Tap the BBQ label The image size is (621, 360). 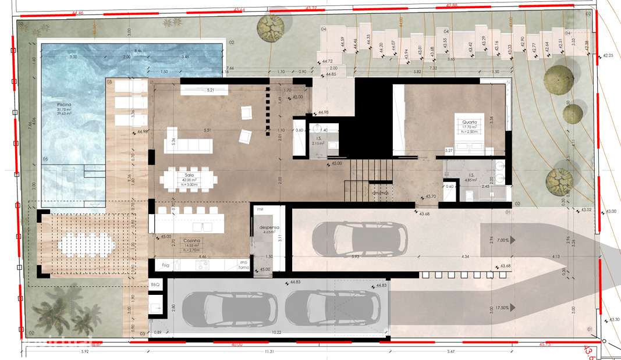(x=155, y=285)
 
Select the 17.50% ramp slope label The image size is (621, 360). (x=499, y=308)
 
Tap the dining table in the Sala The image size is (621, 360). (x=190, y=180)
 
